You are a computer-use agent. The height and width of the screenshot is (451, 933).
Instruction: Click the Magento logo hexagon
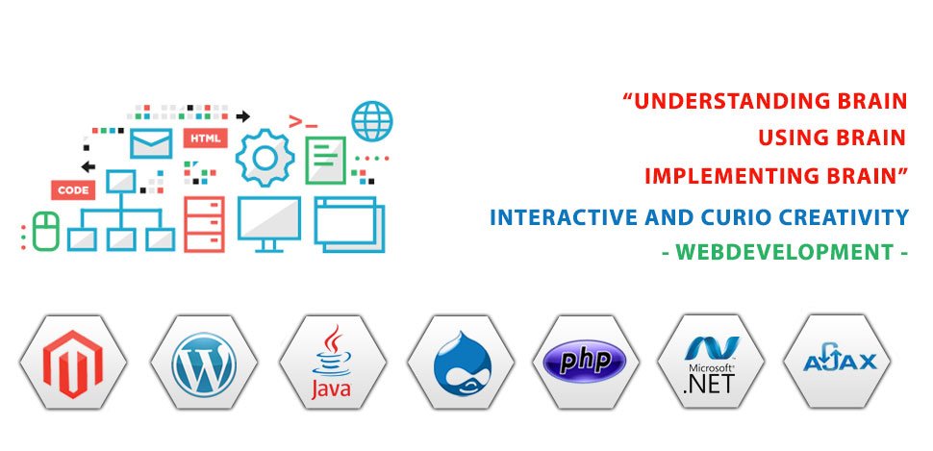(x=72, y=363)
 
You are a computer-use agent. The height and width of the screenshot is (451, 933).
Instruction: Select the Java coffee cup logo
(x=332, y=362)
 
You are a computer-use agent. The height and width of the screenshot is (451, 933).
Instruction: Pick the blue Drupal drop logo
(x=463, y=363)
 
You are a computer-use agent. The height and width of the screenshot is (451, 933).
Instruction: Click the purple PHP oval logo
(x=586, y=362)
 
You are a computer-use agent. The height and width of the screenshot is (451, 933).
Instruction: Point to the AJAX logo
(x=839, y=360)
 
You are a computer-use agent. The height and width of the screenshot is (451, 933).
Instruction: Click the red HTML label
(x=205, y=138)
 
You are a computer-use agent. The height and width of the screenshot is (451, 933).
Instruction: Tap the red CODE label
(x=73, y=190)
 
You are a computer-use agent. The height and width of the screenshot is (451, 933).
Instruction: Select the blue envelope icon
(x=151, y=143)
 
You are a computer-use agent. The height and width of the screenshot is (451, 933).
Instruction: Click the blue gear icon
(x=265, y=158)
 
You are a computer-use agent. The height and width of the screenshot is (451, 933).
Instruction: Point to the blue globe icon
(x=372, y=121)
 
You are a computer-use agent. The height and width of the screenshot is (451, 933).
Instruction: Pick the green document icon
(x=325, y=160)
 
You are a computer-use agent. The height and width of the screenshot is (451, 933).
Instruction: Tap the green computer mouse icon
(x=46, y=231)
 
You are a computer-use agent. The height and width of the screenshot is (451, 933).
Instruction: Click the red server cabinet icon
(x=204, y=224)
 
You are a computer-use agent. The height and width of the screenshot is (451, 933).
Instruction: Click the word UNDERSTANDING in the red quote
(x=729, y=101)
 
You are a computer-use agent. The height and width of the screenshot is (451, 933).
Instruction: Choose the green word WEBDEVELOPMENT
(x=785, y=252)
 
